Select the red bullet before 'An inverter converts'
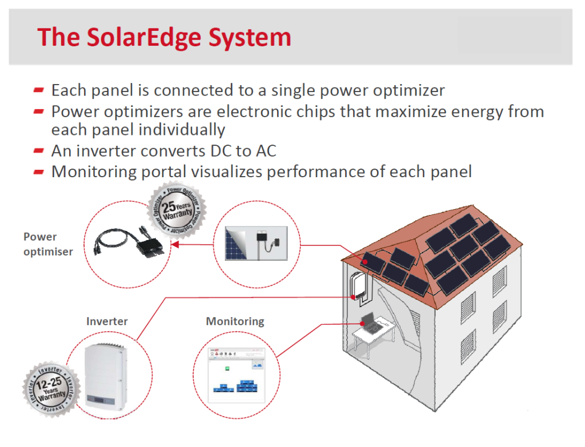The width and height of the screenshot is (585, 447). (x=39, y=151)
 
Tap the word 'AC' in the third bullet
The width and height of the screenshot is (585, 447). (x=263, y=151)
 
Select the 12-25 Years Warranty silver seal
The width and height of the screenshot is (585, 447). (x=49, y=389)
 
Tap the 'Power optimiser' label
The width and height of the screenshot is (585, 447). (x=48, y=244)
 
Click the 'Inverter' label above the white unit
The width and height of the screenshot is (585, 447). (x=107, y=321)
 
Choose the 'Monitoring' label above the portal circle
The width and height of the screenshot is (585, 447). (x=235, y=321)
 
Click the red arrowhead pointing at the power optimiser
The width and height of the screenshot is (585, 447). (x=175, y=245)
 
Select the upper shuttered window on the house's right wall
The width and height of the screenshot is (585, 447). (x=499, y=280)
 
